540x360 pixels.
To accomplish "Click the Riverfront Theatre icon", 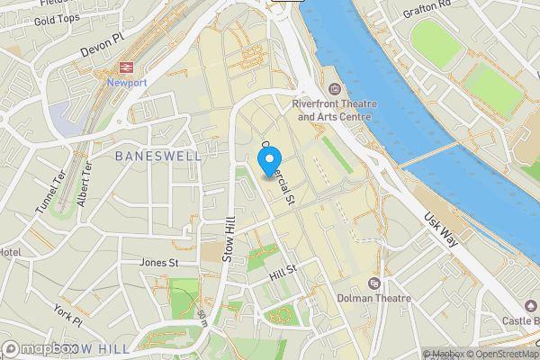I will (335, 88).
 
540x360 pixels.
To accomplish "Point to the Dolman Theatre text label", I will (373, 298).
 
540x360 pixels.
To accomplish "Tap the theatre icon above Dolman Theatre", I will (374, 283).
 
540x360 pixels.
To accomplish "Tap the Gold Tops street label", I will (57, 19).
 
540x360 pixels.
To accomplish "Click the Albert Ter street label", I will (85, 184).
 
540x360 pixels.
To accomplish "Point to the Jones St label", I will (158, 263).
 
